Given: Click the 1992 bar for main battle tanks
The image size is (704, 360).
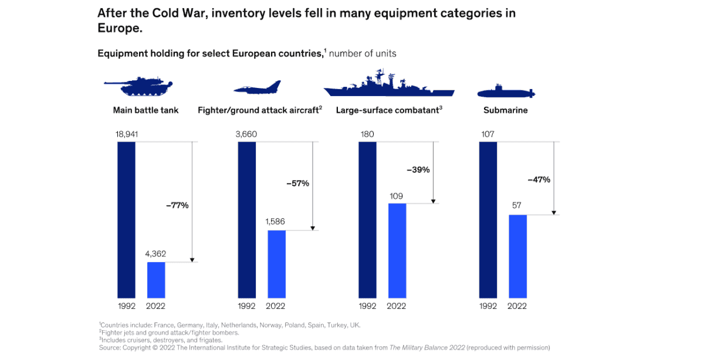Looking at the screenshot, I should tap(126, 220).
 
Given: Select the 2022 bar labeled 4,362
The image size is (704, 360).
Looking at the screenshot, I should tap(156, 280).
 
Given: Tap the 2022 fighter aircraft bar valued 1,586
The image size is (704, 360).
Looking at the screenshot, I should tap(276, 264).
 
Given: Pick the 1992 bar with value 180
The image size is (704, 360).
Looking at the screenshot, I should tap(367, 220).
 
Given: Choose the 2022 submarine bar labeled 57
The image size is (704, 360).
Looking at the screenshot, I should tap(517, 256).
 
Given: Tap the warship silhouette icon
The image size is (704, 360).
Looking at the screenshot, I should tap(388, 84).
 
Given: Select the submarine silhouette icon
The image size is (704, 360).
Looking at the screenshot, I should tap(506, 91).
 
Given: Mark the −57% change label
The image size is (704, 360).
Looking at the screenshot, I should tap(297, 184).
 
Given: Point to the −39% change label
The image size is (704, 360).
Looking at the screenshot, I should tap(418, 170).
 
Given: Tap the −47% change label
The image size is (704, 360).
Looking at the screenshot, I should tap(539, 179).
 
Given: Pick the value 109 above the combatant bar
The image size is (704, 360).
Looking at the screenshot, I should tap(397, 196).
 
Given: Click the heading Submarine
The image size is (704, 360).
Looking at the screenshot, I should tap(505, 110).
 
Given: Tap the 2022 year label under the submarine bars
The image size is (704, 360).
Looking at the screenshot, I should tap(517, 306).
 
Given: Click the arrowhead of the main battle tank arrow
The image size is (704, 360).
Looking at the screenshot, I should tap(192, 260).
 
